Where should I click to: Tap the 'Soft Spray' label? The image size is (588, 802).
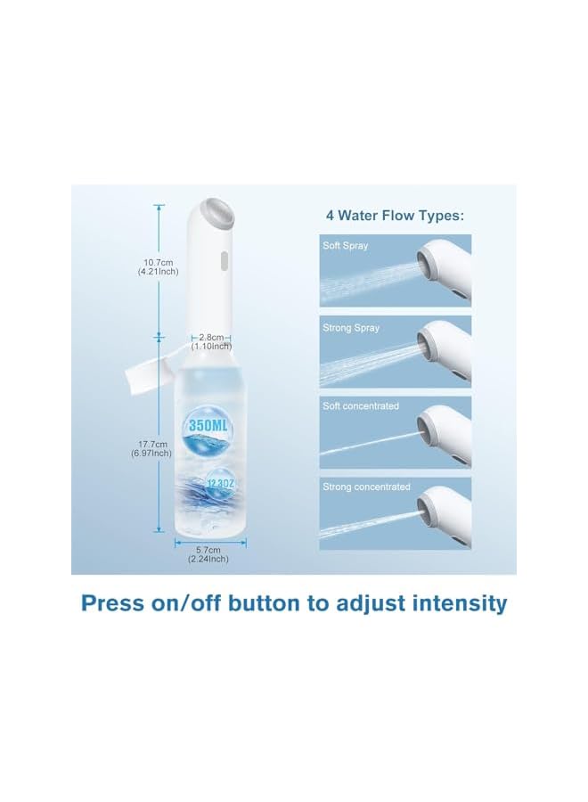[345, 245]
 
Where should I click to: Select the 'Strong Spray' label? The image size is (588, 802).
[351, 328]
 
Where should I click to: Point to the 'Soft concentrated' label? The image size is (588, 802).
[361, 406]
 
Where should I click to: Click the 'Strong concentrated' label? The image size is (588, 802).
[366, 487]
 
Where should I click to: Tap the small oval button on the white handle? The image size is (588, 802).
[223, 261]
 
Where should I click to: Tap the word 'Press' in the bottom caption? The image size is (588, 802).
[112, 603]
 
